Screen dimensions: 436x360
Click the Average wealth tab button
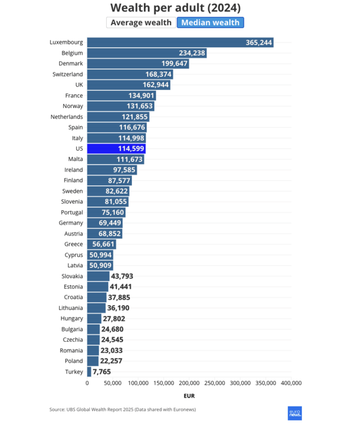click(x=140, y=23)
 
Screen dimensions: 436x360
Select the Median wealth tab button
click(x=210, y=23)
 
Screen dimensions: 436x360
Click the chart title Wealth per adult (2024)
click(x=176, y=7)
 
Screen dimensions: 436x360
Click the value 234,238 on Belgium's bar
click(x=192, y=53)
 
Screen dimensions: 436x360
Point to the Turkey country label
click(x=74, y=372)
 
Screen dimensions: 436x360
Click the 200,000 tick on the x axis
click(x=190, y=383)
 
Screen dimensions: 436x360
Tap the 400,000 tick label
click(x=291, y=383)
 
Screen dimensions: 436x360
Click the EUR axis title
click(x=189, y=396)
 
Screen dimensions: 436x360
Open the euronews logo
click(x=294, y=413)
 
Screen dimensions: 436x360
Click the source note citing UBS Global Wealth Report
click(x=123, y=410)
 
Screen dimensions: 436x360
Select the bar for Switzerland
click(x=130, y=74)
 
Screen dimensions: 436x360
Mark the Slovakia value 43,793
click(x=121, y=276)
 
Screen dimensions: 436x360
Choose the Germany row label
click(x=71, y=223)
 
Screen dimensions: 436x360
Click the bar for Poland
click(x=93, y=361)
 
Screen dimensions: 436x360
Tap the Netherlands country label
click(x=66, y=117)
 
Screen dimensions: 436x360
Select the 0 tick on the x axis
click(x=88, y=383)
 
